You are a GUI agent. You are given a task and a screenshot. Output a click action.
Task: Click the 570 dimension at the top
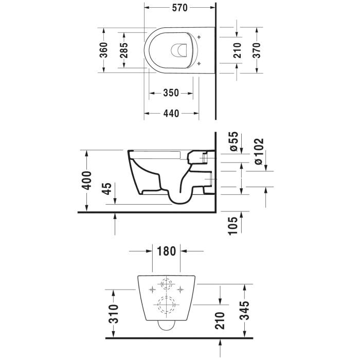[179, 8]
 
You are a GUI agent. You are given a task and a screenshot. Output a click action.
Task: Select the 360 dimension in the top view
[103, 49]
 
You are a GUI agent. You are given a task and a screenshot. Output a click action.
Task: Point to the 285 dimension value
[124, 49]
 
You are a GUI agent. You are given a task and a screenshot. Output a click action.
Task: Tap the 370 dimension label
[257, 49]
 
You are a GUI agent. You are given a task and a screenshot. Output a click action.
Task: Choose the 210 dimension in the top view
[237, 50]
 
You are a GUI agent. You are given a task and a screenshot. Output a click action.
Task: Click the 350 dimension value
[171, 93]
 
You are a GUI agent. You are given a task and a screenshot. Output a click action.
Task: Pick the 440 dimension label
[171, 114]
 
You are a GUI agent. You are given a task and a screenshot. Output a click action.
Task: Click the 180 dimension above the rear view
[167, 251]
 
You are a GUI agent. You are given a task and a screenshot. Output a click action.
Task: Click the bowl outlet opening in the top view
[177, 50]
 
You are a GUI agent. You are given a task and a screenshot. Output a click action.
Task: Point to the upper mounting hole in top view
[199, 37]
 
